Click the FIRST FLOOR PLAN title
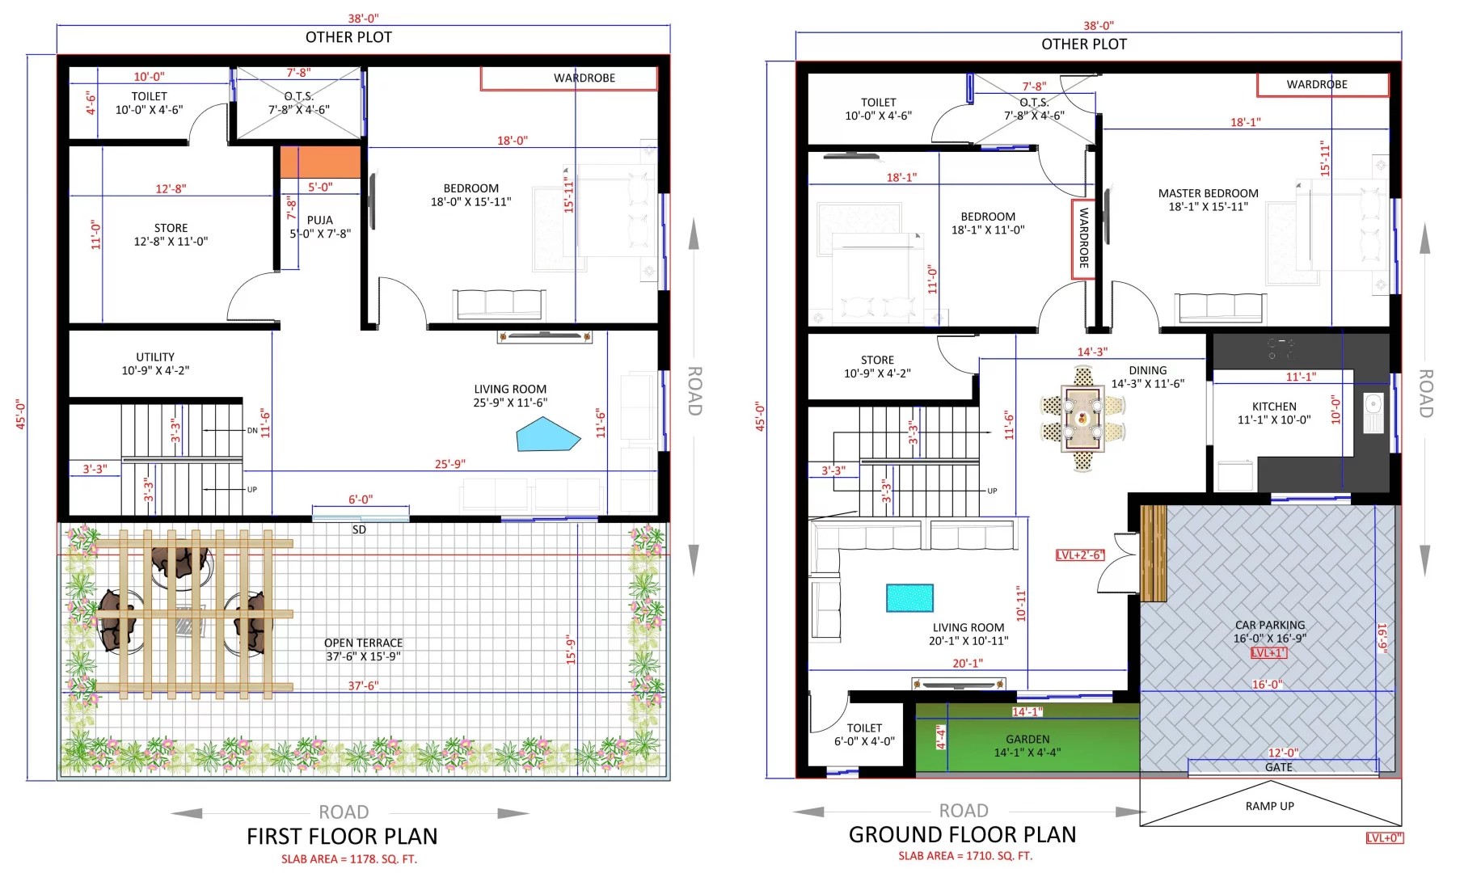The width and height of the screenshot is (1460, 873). point(342,836)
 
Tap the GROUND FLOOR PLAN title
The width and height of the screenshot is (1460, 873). point(962,834)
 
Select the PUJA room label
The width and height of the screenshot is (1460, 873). point(320,220)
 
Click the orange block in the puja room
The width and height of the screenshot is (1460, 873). point(320,162)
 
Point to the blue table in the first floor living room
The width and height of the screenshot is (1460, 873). point(548,434)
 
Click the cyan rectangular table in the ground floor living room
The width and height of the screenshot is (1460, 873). point(909,598)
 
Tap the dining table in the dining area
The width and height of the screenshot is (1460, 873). point(1082,417)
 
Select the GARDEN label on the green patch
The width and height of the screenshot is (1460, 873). point(1027,739)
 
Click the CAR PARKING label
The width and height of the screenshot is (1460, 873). point(1269,625)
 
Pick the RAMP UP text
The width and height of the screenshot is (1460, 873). point(1269,806)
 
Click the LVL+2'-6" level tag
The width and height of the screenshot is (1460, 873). point(1080,555)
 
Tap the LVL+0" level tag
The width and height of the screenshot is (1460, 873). point(1385,838)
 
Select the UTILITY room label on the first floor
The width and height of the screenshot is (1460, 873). point(155,356)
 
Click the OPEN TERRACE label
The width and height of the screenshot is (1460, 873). point(364,643)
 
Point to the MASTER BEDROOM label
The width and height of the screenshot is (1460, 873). point(1208,193)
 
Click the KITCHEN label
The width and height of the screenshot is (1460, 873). point(1274,407)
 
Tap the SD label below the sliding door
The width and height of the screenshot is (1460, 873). point(359,529)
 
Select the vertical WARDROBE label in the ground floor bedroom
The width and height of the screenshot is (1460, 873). point(1083,238)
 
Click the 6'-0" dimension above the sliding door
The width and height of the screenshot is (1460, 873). point(361,500)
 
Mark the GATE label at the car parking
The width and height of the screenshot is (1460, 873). point(1279,767)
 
